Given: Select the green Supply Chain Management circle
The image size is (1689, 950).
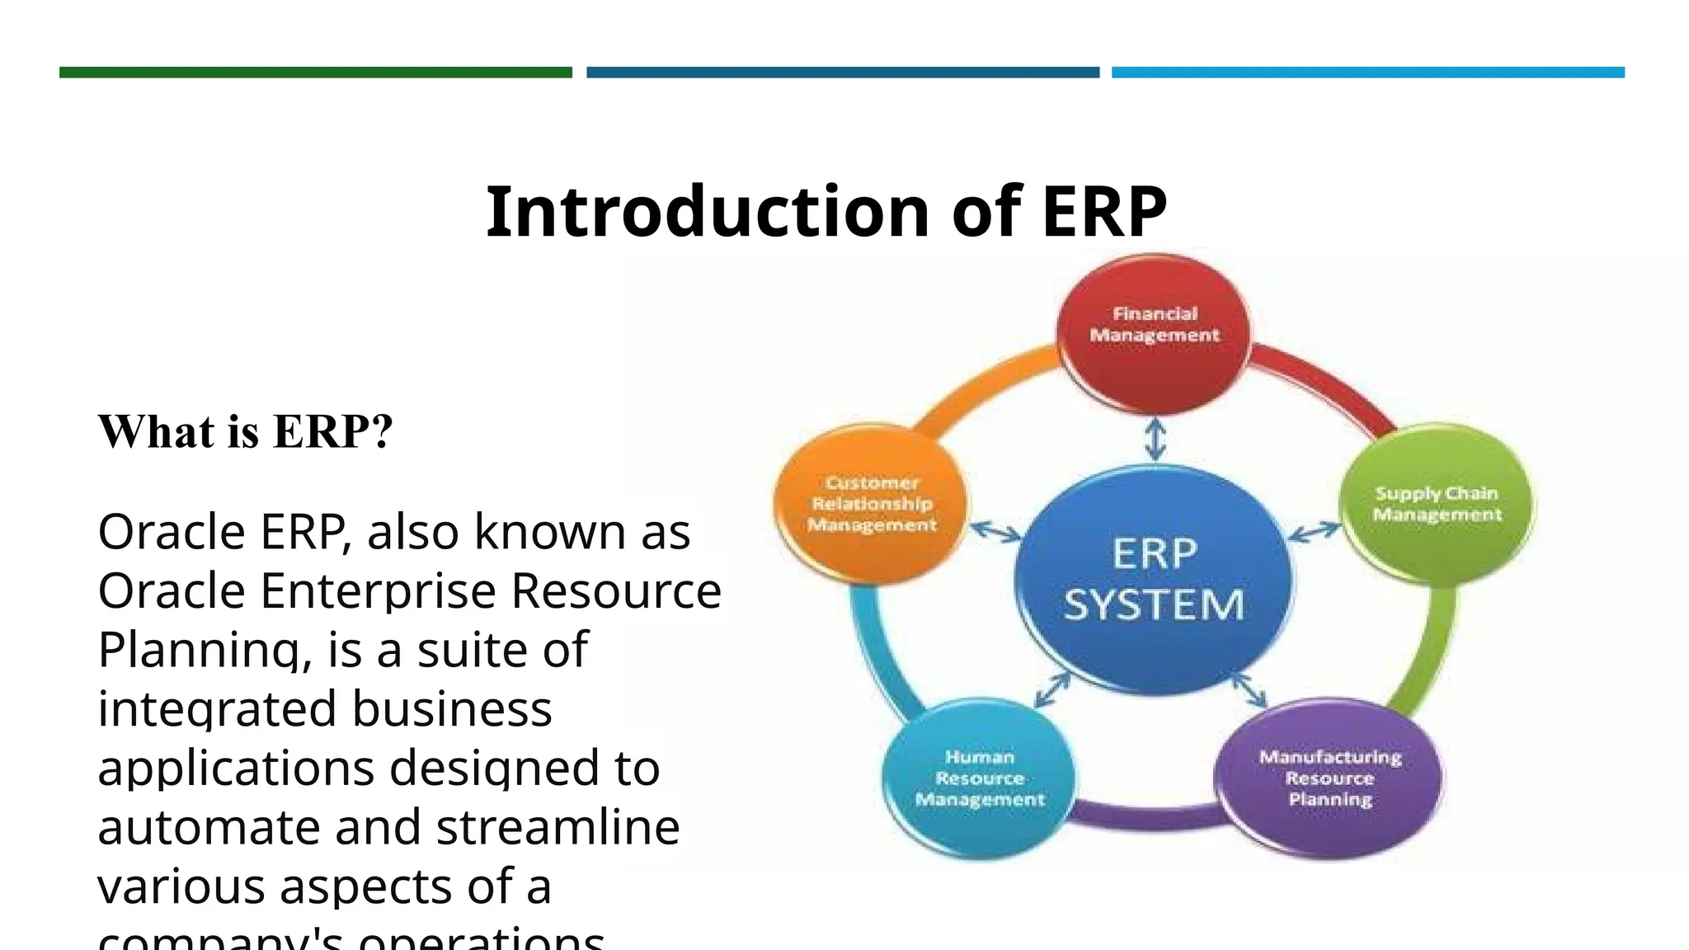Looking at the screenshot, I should (x=1436, y=505).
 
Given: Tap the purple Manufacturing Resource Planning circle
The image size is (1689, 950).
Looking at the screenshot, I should (x=1329, y=778).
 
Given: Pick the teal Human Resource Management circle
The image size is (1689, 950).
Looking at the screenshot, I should (x=979, y=778).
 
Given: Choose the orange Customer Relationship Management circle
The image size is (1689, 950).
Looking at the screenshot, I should (x=872, y=504).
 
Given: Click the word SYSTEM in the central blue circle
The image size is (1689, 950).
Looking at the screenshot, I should (x=1154, y=605).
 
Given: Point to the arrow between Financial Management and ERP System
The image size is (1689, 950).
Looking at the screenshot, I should (x=1155, y=440).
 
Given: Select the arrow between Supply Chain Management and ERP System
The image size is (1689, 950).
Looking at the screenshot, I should (x=1315, y=532).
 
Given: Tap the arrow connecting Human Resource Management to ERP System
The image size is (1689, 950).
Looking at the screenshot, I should (x=1052, y=689).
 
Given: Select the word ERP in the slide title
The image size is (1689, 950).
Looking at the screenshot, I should (x=1103, y=212).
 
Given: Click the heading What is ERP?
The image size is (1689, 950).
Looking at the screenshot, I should (x=246, y=431).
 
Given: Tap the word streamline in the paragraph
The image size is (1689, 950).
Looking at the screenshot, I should (x=558, y=827).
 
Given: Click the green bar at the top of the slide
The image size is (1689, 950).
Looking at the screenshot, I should (x=315, y=73).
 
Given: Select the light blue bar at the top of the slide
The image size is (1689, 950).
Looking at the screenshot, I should (x=1367, y=73).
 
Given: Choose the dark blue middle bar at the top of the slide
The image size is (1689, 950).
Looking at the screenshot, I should (x=842, y=73).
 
